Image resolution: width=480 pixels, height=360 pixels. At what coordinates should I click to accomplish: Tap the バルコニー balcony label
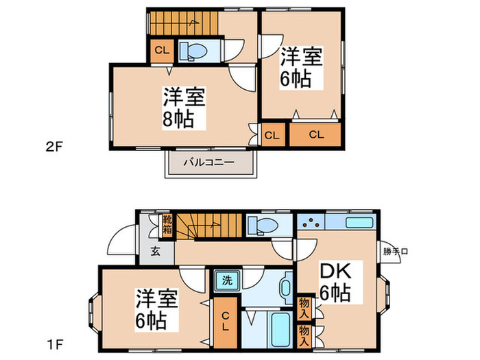[x=210, y=163]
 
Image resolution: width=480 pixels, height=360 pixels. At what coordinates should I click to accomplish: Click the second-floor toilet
[x=195, y=51]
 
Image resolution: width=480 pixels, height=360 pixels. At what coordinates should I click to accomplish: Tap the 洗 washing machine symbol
[x=225, y=279]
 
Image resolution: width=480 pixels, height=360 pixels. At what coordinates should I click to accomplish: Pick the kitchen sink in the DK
[x=359, y=223]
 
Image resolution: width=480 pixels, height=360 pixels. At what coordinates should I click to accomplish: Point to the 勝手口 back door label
[x=396, y=251]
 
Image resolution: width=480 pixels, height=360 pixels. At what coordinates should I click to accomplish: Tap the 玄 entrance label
[x=156, y=251]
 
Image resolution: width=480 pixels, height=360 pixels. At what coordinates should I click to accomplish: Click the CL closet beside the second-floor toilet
[x=161, y=51]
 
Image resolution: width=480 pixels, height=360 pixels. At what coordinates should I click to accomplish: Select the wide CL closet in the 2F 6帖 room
[x=315, y=134]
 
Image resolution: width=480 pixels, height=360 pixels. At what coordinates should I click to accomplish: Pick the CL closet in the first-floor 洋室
[x=225, y=322]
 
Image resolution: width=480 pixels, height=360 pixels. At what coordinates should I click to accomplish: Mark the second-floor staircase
[x=182, y=25]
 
